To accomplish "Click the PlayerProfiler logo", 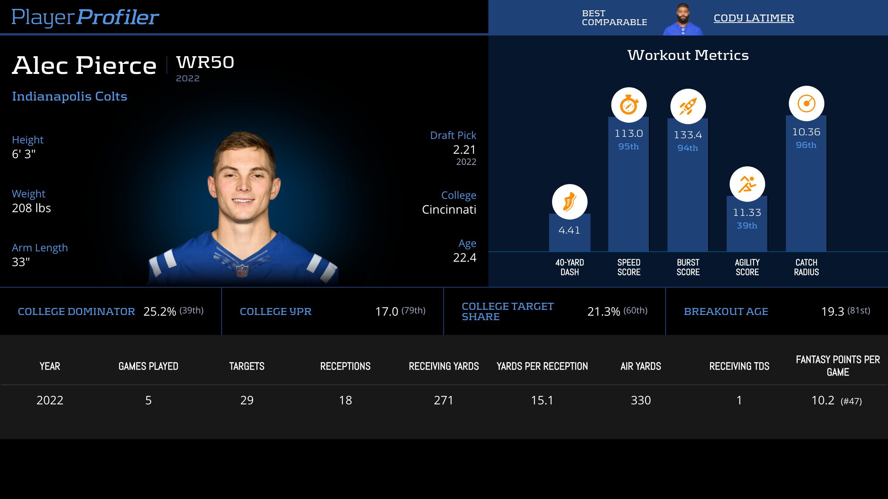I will click(x=85, y=17).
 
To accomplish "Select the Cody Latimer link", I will click(x=754, y=18).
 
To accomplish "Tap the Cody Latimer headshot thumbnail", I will click(x=683, y=19).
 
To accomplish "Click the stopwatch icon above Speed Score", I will click(x=629, y=105).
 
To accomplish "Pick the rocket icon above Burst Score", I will click(x=688, y=106).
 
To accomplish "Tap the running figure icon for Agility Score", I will click(x=747, y=184).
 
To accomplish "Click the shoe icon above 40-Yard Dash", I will click(x=569, y=202).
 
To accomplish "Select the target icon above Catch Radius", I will click(x=806, y=103).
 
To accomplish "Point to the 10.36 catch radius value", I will click(x=806, y=132).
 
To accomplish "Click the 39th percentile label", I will click(x=747, y=225).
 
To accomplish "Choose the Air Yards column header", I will click(x=640, y=366).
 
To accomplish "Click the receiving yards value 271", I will click(x=443, y=400).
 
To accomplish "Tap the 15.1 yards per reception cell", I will click(x=542, y=400).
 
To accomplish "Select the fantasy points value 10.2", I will click(x=823, y=400).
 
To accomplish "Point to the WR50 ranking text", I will click(x=205, y=62).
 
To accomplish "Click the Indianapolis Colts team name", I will click(x=70, y=96).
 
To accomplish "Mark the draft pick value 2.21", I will click(x=464, y=150).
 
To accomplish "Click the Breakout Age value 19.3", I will click(x=832, y=312).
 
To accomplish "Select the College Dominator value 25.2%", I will click(x=159, y=312).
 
